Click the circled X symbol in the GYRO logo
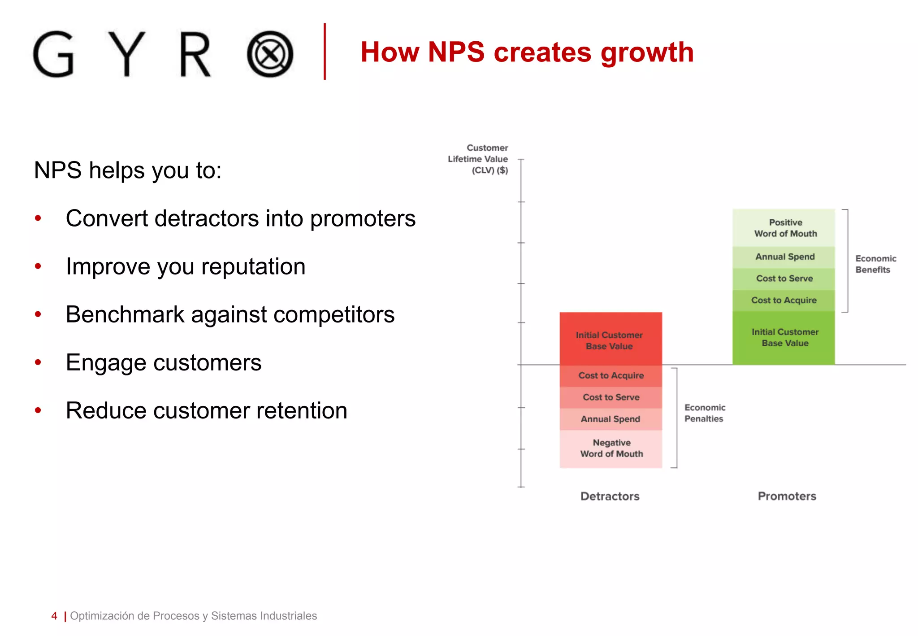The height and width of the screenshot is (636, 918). tap(270, 54)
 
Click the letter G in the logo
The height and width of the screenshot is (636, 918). tap(54, 54)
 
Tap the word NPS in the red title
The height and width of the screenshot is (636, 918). tap(456, 52)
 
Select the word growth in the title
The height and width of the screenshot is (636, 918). tap(647, 53)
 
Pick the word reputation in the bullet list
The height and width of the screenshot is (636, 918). tap(253, 267)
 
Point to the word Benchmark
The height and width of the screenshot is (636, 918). tap(125, 314)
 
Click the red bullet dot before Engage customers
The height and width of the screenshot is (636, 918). tap(38, 362)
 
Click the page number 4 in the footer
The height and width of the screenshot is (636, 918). tap(54, 616)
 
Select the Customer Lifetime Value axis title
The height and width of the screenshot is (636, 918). tap(478, 159)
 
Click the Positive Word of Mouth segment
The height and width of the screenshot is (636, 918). tap(784, 228)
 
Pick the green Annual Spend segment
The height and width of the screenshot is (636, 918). tap(784, 257)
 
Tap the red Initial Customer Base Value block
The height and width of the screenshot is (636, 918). tap(610, 340)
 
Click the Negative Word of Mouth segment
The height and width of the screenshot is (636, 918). tap(611, 448)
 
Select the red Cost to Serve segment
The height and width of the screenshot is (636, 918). tap(611, 397)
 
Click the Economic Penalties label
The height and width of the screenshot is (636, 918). tap(704, 413)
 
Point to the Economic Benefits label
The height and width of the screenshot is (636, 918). tap(875, 264)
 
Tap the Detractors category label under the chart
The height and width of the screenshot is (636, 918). tap(610, 496)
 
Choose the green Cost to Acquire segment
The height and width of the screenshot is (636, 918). tap(784, 301)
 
